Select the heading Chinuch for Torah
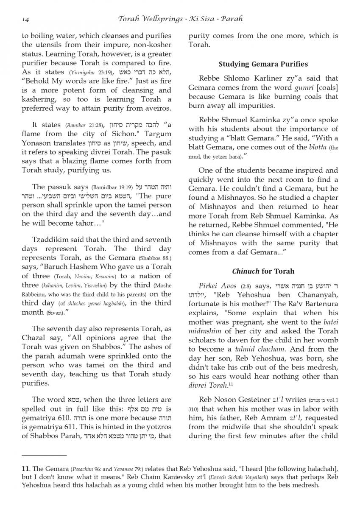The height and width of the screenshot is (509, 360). (x=263, y=271)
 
